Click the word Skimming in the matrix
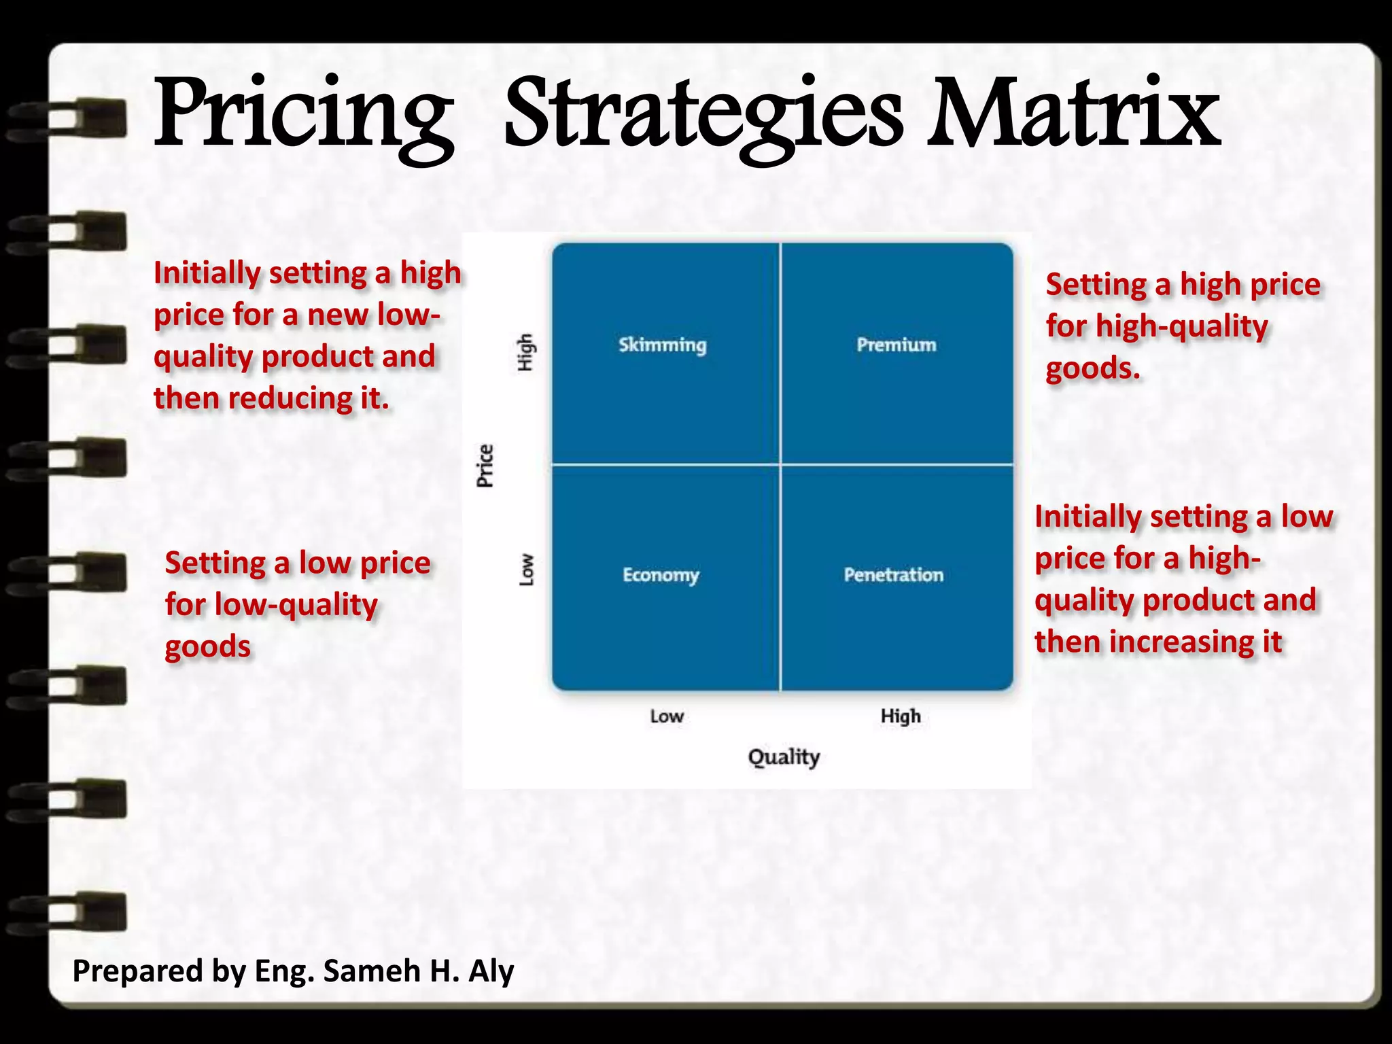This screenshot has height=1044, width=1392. pos(662,345)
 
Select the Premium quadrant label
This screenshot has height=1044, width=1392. pos(896,345)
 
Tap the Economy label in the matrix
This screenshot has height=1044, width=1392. pos(661,576)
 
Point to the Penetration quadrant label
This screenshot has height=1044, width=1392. pos(893,575)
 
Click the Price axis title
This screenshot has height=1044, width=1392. pos(485,466)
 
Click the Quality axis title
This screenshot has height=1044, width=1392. pos(784,757)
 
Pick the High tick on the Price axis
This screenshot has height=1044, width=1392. pos(525,352)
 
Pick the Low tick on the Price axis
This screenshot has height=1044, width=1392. pos(527,570)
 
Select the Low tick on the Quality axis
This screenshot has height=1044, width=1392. pos(666,716)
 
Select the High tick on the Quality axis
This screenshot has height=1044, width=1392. pos(901,716)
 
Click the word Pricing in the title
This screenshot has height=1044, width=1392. pos(303,116)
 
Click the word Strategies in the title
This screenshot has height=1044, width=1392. pos(703,116)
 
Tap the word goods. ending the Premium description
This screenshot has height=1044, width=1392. pos(1092,368)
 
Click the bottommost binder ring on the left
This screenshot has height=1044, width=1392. pos(68,911)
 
